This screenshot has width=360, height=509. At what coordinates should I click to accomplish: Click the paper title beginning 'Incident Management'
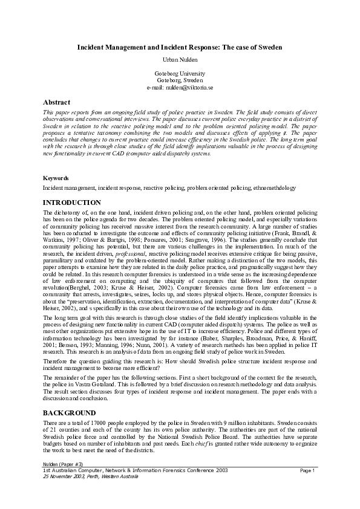180,47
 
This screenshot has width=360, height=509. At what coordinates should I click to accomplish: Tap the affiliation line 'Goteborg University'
180,74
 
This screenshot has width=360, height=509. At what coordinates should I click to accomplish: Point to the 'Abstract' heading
56,102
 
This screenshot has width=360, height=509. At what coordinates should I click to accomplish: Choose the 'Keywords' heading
56,178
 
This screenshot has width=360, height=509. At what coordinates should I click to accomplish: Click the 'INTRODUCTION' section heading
72,203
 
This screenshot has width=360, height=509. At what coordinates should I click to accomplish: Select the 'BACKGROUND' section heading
70,412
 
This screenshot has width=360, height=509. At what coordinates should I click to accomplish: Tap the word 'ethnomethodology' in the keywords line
275,188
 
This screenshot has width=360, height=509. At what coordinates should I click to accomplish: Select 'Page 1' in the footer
307,470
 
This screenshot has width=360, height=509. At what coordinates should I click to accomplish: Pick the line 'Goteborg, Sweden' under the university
180,80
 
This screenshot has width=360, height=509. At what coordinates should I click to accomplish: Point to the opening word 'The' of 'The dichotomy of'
48,213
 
